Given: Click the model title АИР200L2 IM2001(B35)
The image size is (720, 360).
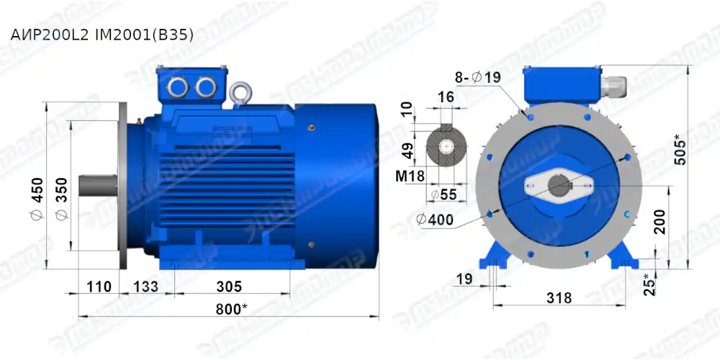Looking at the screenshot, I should coord(101,34).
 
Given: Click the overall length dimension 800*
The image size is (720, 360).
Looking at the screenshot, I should coord(228,308).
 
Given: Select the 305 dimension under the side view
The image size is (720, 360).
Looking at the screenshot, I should coord(229,287).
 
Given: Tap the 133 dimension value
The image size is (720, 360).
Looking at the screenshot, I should coord(147,287).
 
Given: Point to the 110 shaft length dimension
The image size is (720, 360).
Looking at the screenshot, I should coord(99,287).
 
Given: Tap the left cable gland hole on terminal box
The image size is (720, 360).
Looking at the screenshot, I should coord(177,87).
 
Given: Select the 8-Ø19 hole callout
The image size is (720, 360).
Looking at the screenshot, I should coord(477,77).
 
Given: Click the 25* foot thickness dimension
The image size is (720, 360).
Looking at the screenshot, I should coord(651,284).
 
